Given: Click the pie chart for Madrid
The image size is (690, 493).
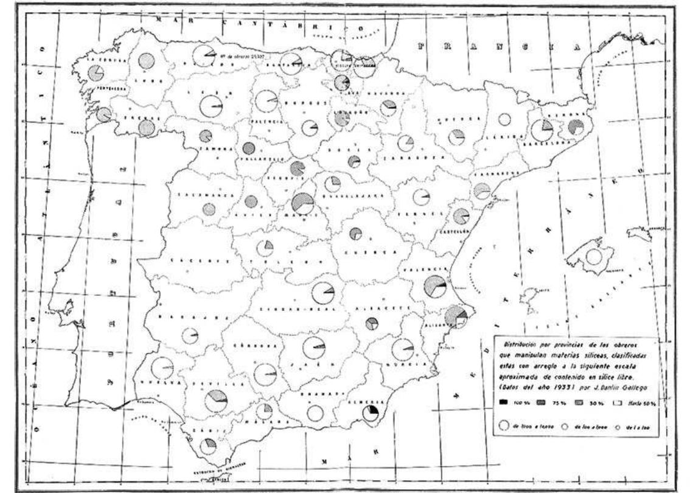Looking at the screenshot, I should coord(302,203).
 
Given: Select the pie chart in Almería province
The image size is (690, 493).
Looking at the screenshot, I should coord(370,414).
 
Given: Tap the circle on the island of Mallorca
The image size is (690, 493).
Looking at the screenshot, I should coord(593,256).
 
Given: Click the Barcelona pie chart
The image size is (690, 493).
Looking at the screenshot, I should coord(541,130).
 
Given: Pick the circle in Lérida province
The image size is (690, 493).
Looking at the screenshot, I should coord(504,120).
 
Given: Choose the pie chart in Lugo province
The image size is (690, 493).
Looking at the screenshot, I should coord(145,61).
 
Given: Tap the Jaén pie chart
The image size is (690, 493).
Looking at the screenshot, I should coord(314,348).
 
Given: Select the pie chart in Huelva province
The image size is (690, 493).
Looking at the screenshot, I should coord(162,368).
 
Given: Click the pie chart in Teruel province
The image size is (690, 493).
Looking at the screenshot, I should coord(421,197).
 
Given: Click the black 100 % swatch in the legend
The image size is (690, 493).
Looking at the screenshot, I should coord(504,402).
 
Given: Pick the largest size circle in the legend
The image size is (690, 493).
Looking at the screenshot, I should coord(504,427).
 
